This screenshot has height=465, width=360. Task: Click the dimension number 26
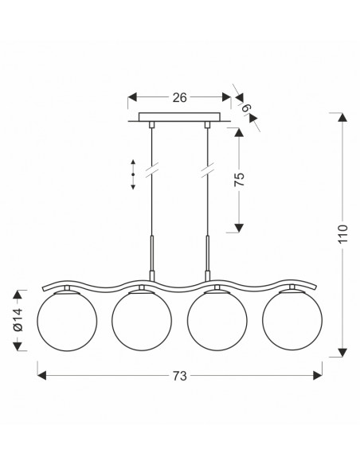point(180,98)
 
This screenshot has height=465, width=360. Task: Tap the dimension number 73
point(180,376)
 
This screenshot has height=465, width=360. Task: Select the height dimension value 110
point(342,234)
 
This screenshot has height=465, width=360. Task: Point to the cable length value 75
point(239,179)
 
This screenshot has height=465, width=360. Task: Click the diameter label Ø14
point(18,319)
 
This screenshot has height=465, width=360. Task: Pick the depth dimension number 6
point(247,107)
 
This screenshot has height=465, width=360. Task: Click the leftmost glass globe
point(67,321)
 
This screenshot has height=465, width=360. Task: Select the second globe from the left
point(142,321)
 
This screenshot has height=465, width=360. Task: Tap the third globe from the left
point(217,321)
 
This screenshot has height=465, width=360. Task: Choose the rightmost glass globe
point(292,321)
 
